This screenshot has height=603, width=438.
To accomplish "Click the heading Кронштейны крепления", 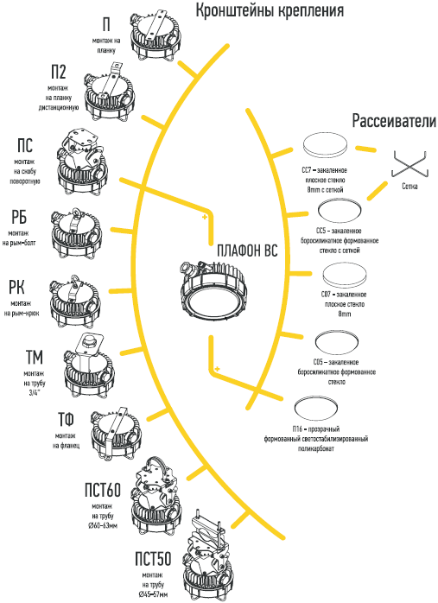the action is (270, 10).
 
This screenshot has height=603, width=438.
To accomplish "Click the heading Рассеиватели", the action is (394, 120).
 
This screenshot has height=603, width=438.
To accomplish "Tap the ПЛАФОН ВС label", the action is (247, 251).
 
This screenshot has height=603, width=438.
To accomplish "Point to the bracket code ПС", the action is (25, 146).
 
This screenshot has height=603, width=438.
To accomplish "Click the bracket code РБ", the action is (19, 217).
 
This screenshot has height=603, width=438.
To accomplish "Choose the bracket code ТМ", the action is (35, 358).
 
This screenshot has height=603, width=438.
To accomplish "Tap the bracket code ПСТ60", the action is (103, 490).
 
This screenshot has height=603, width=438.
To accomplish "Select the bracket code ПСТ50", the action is (153, 559).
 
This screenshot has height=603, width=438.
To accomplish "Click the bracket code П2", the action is (59, 72).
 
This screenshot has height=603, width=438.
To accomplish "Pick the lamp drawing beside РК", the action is (75, 301).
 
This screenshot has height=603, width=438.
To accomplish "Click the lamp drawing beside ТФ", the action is (116, 434).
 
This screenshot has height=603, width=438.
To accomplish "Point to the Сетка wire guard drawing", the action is (410, 165).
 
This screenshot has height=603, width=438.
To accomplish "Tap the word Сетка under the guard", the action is (409, 187).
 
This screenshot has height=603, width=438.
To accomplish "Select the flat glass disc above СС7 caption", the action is (325, 145).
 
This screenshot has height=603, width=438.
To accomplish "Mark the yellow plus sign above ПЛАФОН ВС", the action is (205, 218).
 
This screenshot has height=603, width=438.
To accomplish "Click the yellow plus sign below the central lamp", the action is (217, 369).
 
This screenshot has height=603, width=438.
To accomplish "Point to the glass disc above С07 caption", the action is (345, 276).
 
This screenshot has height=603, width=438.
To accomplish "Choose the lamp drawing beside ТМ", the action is (89, 366).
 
